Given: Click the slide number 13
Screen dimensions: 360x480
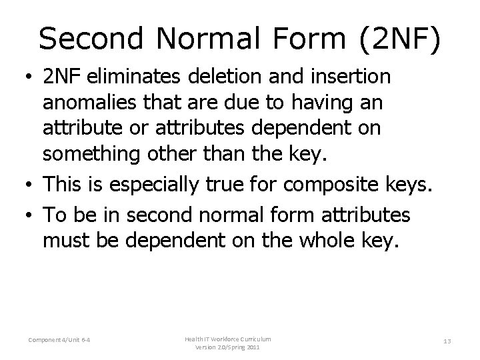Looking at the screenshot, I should point(447,341).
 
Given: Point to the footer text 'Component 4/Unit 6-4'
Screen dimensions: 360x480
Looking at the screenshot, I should point(60,341).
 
